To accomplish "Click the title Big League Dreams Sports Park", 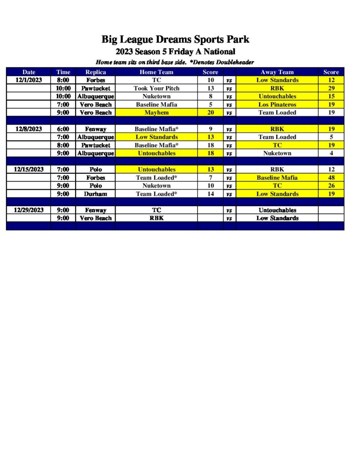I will (x=175, y=39).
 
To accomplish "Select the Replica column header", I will (x=96, y=72).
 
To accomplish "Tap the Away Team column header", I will (x=277, y=72).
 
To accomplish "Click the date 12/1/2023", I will (x=28, y=80).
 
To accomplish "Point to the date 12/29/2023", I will (x=28, y=210).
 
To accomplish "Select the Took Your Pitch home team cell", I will (x=157, y=88).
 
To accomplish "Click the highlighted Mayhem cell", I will (x=157, y=112).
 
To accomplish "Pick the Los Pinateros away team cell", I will (x=277, y=105).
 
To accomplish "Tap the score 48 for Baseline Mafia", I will (x=331, y=177).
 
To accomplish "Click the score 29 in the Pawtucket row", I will (x=331, y=88).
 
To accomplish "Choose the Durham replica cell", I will (x=96, y=194).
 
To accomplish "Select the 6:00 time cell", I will (x=63, y=129).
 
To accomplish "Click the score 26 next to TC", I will (x=331, y=186).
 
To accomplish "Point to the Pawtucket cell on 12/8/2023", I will (x=96, y=145).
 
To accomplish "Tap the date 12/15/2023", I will (x=28, y=169).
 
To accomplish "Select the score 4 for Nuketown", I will (x=331, y=153).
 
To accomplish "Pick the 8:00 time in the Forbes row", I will (x=63, y=80).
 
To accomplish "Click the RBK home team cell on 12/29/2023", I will (x=157, y=218).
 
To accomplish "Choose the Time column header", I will (x=63, y=72).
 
